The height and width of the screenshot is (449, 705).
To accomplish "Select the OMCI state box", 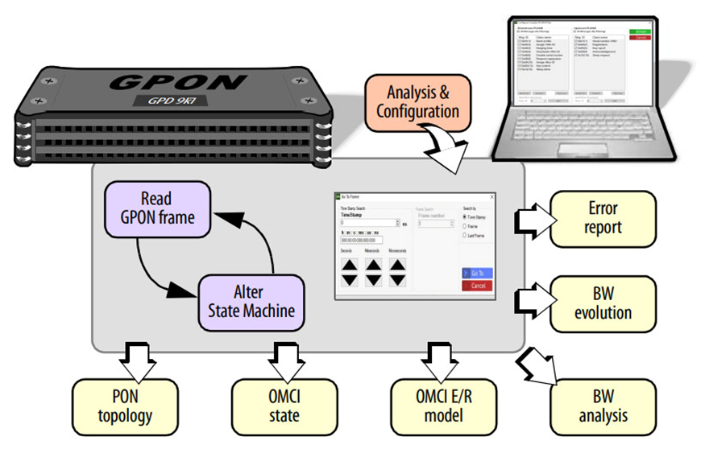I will tap(284, 406).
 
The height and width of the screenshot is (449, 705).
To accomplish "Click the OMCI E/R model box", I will tap(440, 406).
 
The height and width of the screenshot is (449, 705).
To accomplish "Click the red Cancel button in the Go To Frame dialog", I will tap(478, 286).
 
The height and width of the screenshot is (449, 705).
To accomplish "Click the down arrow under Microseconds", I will tap(396, 279).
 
